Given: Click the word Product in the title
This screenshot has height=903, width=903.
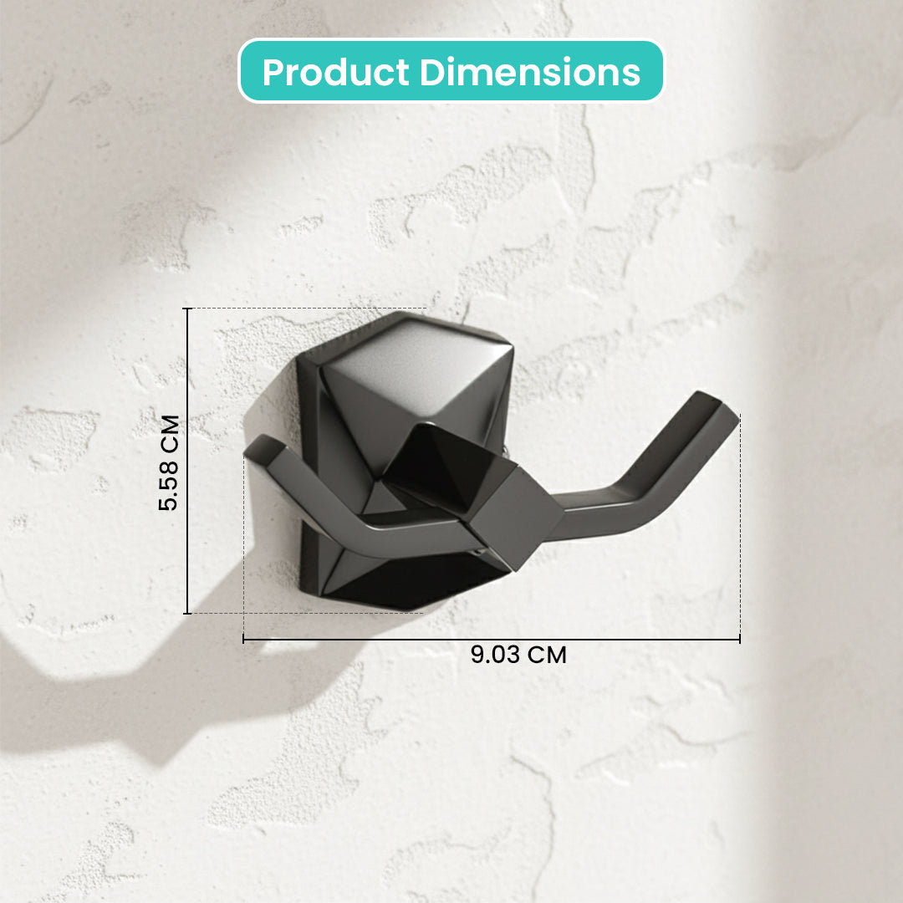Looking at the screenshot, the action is (336, 73).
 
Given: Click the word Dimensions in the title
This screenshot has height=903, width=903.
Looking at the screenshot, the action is (530, 72).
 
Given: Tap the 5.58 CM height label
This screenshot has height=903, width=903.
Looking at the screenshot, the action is (169, 462).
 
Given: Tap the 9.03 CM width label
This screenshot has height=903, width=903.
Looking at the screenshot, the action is (519, 655).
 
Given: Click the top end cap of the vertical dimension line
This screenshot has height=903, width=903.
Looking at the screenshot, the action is (187, 309).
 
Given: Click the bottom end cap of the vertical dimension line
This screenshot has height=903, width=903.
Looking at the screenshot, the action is (187, 614).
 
